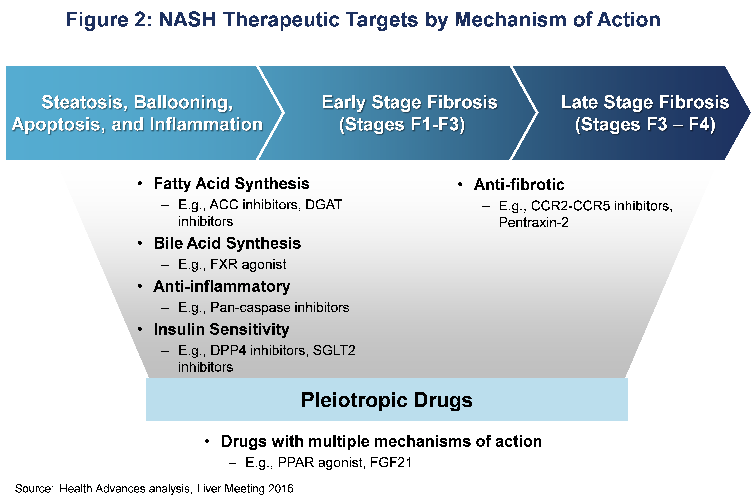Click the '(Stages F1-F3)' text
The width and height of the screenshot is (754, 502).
coord(402,125)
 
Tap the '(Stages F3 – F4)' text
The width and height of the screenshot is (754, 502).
coord(645,125)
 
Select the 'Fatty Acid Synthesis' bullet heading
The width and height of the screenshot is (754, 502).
coord(232,184)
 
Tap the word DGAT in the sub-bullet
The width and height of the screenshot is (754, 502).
coord(324,205)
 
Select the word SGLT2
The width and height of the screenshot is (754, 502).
coord(334,351)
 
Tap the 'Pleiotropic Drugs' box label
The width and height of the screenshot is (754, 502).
coord(387,400)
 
